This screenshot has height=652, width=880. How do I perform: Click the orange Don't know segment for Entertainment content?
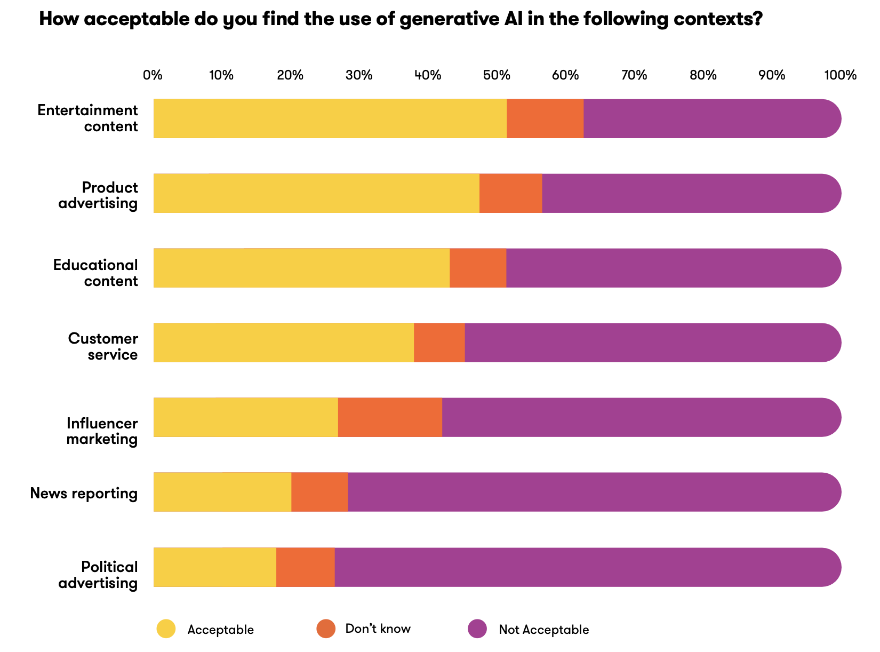click(545, 118)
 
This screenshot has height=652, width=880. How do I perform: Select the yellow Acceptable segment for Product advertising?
click(316, 193)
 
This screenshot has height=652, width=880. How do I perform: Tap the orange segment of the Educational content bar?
click(478, 268)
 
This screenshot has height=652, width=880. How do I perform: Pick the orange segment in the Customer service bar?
click(439, 343)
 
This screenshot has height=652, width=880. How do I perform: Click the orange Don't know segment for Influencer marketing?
click(390, 417)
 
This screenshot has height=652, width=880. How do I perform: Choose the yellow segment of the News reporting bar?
click(222, 492)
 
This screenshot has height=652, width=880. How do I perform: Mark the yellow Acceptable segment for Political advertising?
click(215, 567)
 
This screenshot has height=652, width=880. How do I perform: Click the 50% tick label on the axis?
click(497, 75)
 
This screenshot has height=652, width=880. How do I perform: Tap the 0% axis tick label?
click(153, 75)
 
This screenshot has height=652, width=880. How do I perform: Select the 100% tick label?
click(840, 75)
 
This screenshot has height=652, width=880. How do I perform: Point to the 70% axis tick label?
click(634, 75)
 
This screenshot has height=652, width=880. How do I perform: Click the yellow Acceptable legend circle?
click(166, 629)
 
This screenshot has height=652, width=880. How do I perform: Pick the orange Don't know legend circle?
click(326, 629)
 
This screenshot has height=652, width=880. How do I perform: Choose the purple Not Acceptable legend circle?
click(477, 629)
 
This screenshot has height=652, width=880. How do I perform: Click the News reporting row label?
click(84, 493)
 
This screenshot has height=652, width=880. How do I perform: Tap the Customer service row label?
click(103, 346)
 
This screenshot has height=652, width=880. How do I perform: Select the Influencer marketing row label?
click(102, 431)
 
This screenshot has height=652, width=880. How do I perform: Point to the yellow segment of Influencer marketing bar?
click(246, 417)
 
